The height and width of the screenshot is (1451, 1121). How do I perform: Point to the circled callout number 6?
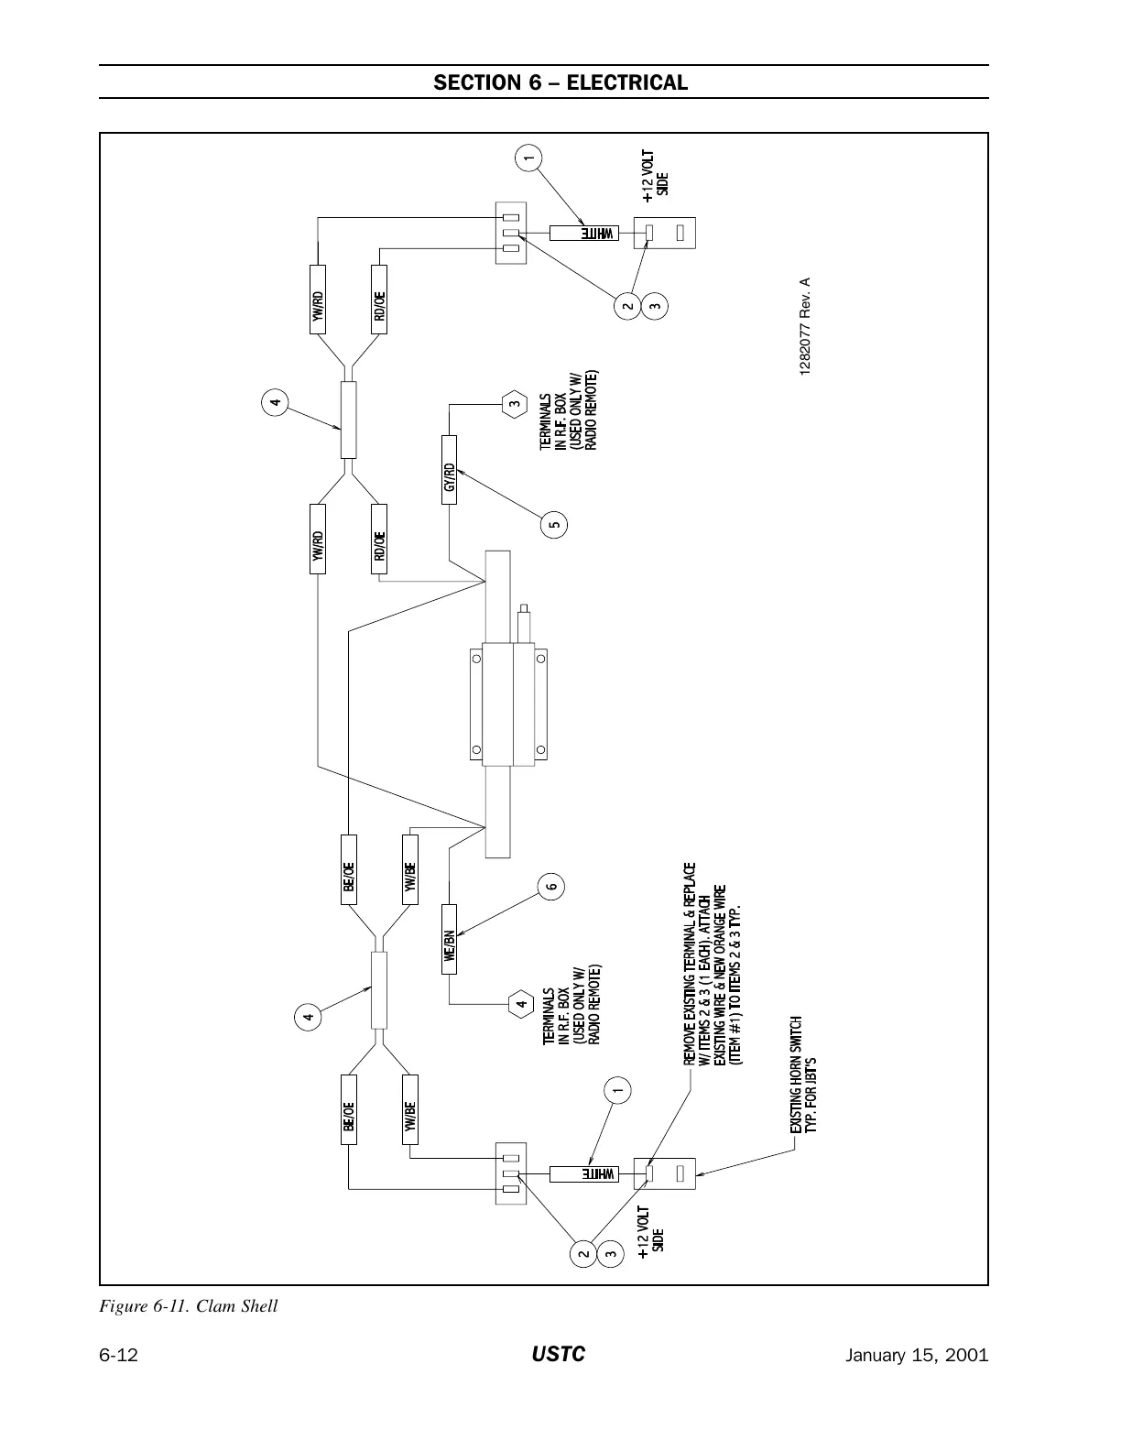(x=550, y=886)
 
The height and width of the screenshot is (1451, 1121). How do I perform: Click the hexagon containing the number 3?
(x=516, y=403)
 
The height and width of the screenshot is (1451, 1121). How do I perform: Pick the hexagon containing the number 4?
(x=520, y=1004)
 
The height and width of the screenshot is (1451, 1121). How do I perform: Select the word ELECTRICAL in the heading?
(x=626, y=82)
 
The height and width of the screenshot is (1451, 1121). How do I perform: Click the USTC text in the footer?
(x=559, y=1355)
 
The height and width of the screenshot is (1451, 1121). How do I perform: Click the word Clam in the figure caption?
(x=215, y=1305)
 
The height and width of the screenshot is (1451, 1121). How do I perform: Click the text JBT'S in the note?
(x=811, y=1067)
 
